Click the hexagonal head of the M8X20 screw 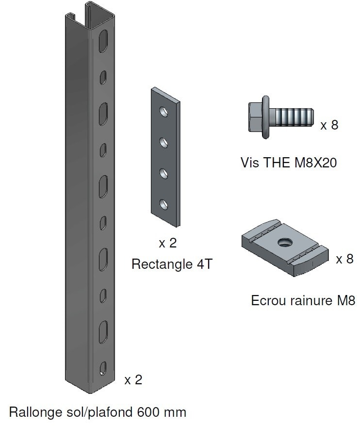(x=256, y=116)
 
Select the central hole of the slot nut (x=283, y=242)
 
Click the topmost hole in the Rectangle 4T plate (x=165, y=112)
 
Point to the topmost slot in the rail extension (x=102, y=41)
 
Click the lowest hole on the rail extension (x=102, y=368)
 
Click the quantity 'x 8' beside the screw (x=329, y=125)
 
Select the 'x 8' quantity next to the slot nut (x=344, y=259)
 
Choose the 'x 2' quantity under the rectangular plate (x=168, y=243)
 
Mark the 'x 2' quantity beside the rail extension (x=133, y=379)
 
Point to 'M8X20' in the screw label (x=315, y=163)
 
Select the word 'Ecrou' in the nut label (x=265, y=301)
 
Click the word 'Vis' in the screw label (x=249, y=163)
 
